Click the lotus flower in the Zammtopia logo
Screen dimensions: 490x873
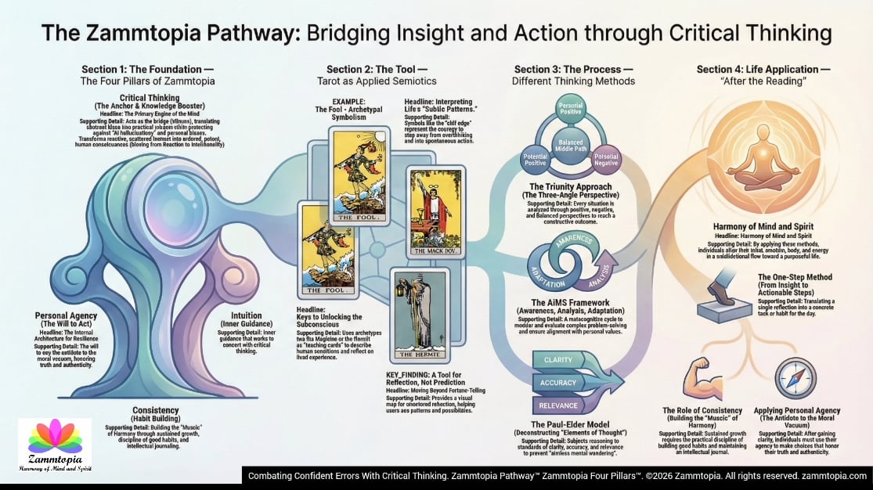[x=55, y=437]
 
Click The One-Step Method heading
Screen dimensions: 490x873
[x=794, y=277]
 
